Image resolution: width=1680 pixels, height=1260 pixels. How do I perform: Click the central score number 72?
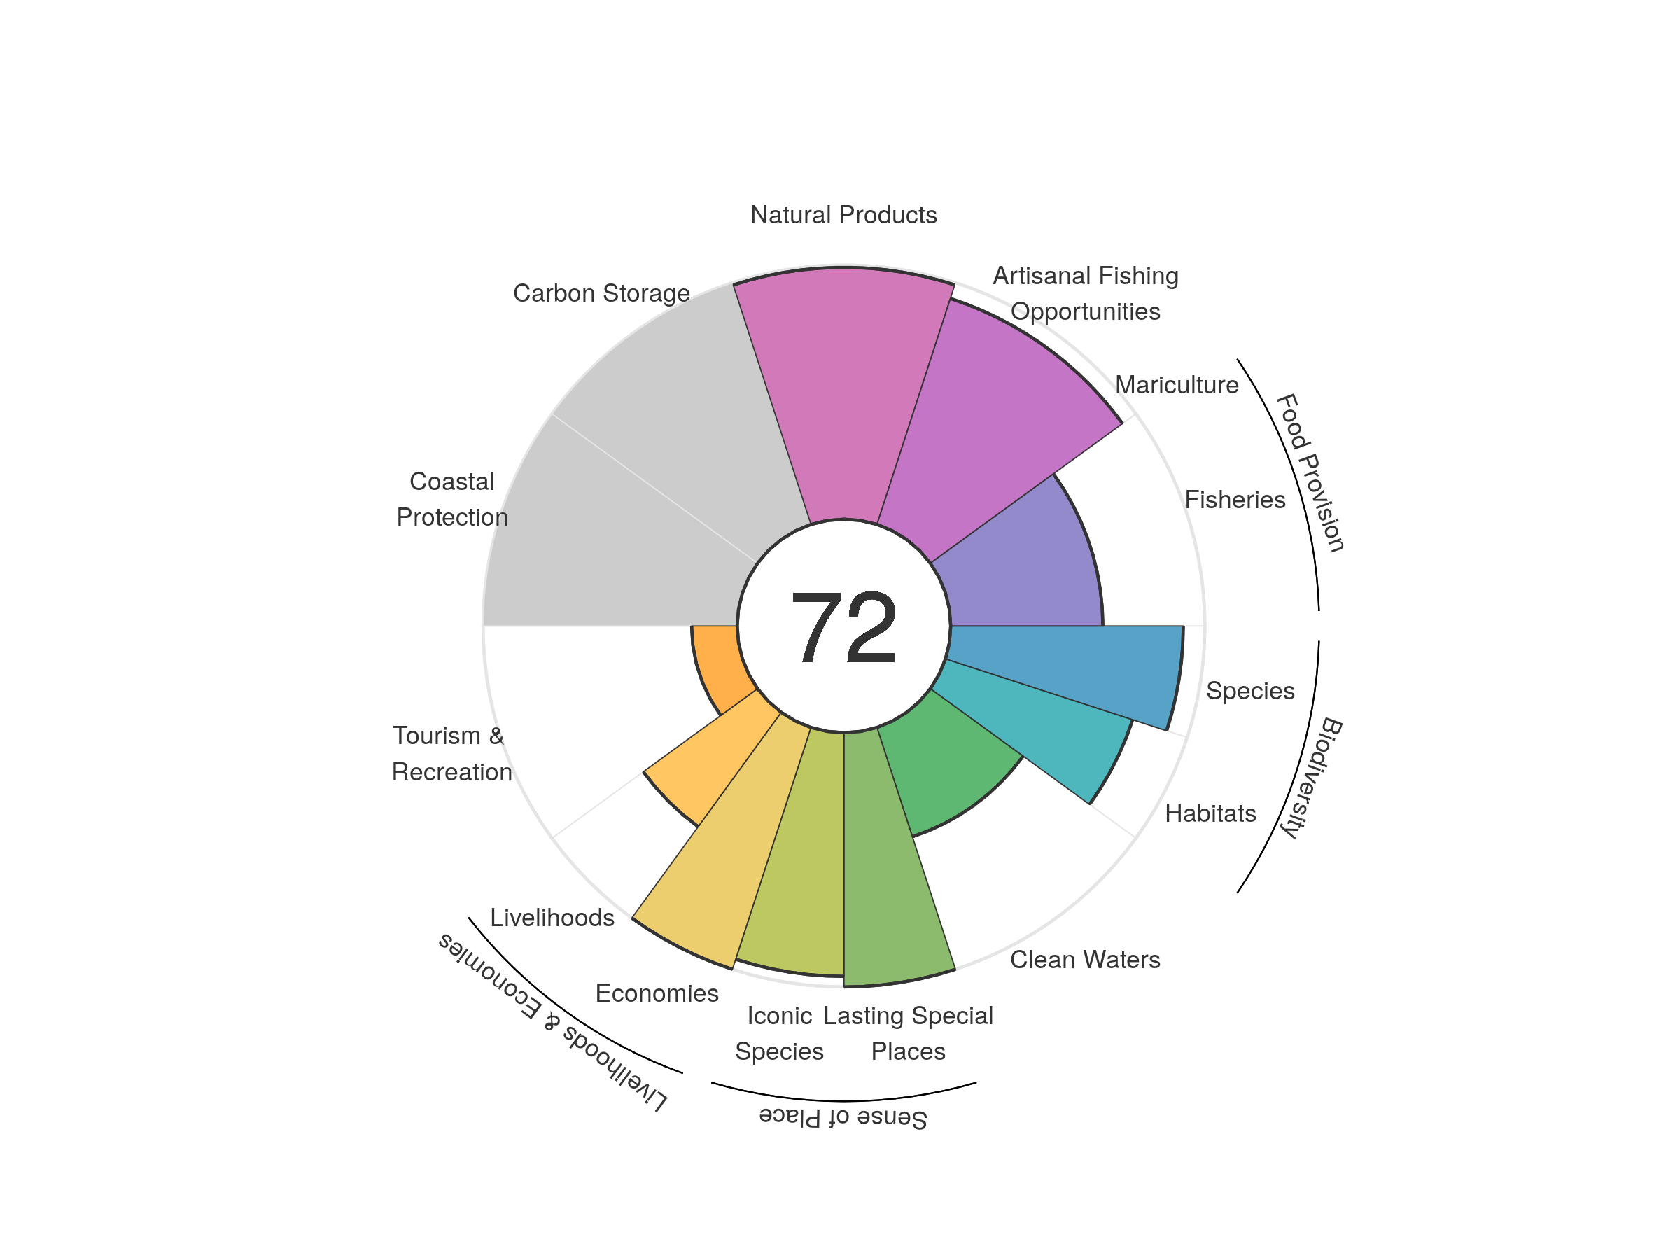point(843,627)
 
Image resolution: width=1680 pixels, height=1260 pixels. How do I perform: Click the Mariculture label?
point(1177,385)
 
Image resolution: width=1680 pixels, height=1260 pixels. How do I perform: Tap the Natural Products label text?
point(843,215)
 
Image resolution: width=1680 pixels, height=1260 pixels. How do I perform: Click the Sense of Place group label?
point(843,1117)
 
